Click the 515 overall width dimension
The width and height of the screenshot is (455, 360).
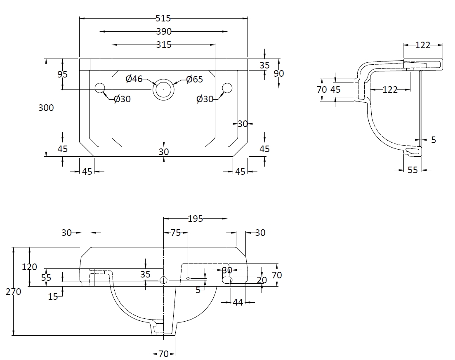pyautogui.click(x=163, y=18)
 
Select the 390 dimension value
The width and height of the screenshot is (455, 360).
pyautogui.click(x=164, y=31)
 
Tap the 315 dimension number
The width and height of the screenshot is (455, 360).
pyautogui.click(x=164, y=45)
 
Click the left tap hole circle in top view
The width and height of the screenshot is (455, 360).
pyautogui.click(x=100, y=87)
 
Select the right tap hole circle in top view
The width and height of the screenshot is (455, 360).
pyautogui.click(x=227, y=87)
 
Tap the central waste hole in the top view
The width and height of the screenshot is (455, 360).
pyautogui.click(x=164, y=89)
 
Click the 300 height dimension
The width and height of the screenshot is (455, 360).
pyautogui.click(x=46, y=108)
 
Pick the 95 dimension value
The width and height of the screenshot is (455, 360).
pyautogui.click(x=63, y=74)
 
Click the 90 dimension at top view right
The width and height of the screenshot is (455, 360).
pyautogui.click(x=279, y=73)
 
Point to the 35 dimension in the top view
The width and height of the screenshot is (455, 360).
pyautogui.click(x=264, y=65)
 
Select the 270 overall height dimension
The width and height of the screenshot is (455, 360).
pyautogui.click(x=14, y=292)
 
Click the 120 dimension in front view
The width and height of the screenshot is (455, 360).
pyautogui.click(x=29, y=267)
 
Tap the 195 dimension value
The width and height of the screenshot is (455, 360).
pyautogui.click(x=195, y=219)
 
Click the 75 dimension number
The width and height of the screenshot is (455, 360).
pyautogui.click(x=175, y=233)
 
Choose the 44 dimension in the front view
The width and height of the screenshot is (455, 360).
pyautogui.click(x=238, y=302)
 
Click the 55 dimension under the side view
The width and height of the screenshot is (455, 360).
pyautogui.click(x=413, y=169)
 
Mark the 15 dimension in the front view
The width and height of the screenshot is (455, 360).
pyautogui.click(x=53, y=296)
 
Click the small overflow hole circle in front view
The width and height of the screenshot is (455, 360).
pyautogui.click(x=188, y=279)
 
